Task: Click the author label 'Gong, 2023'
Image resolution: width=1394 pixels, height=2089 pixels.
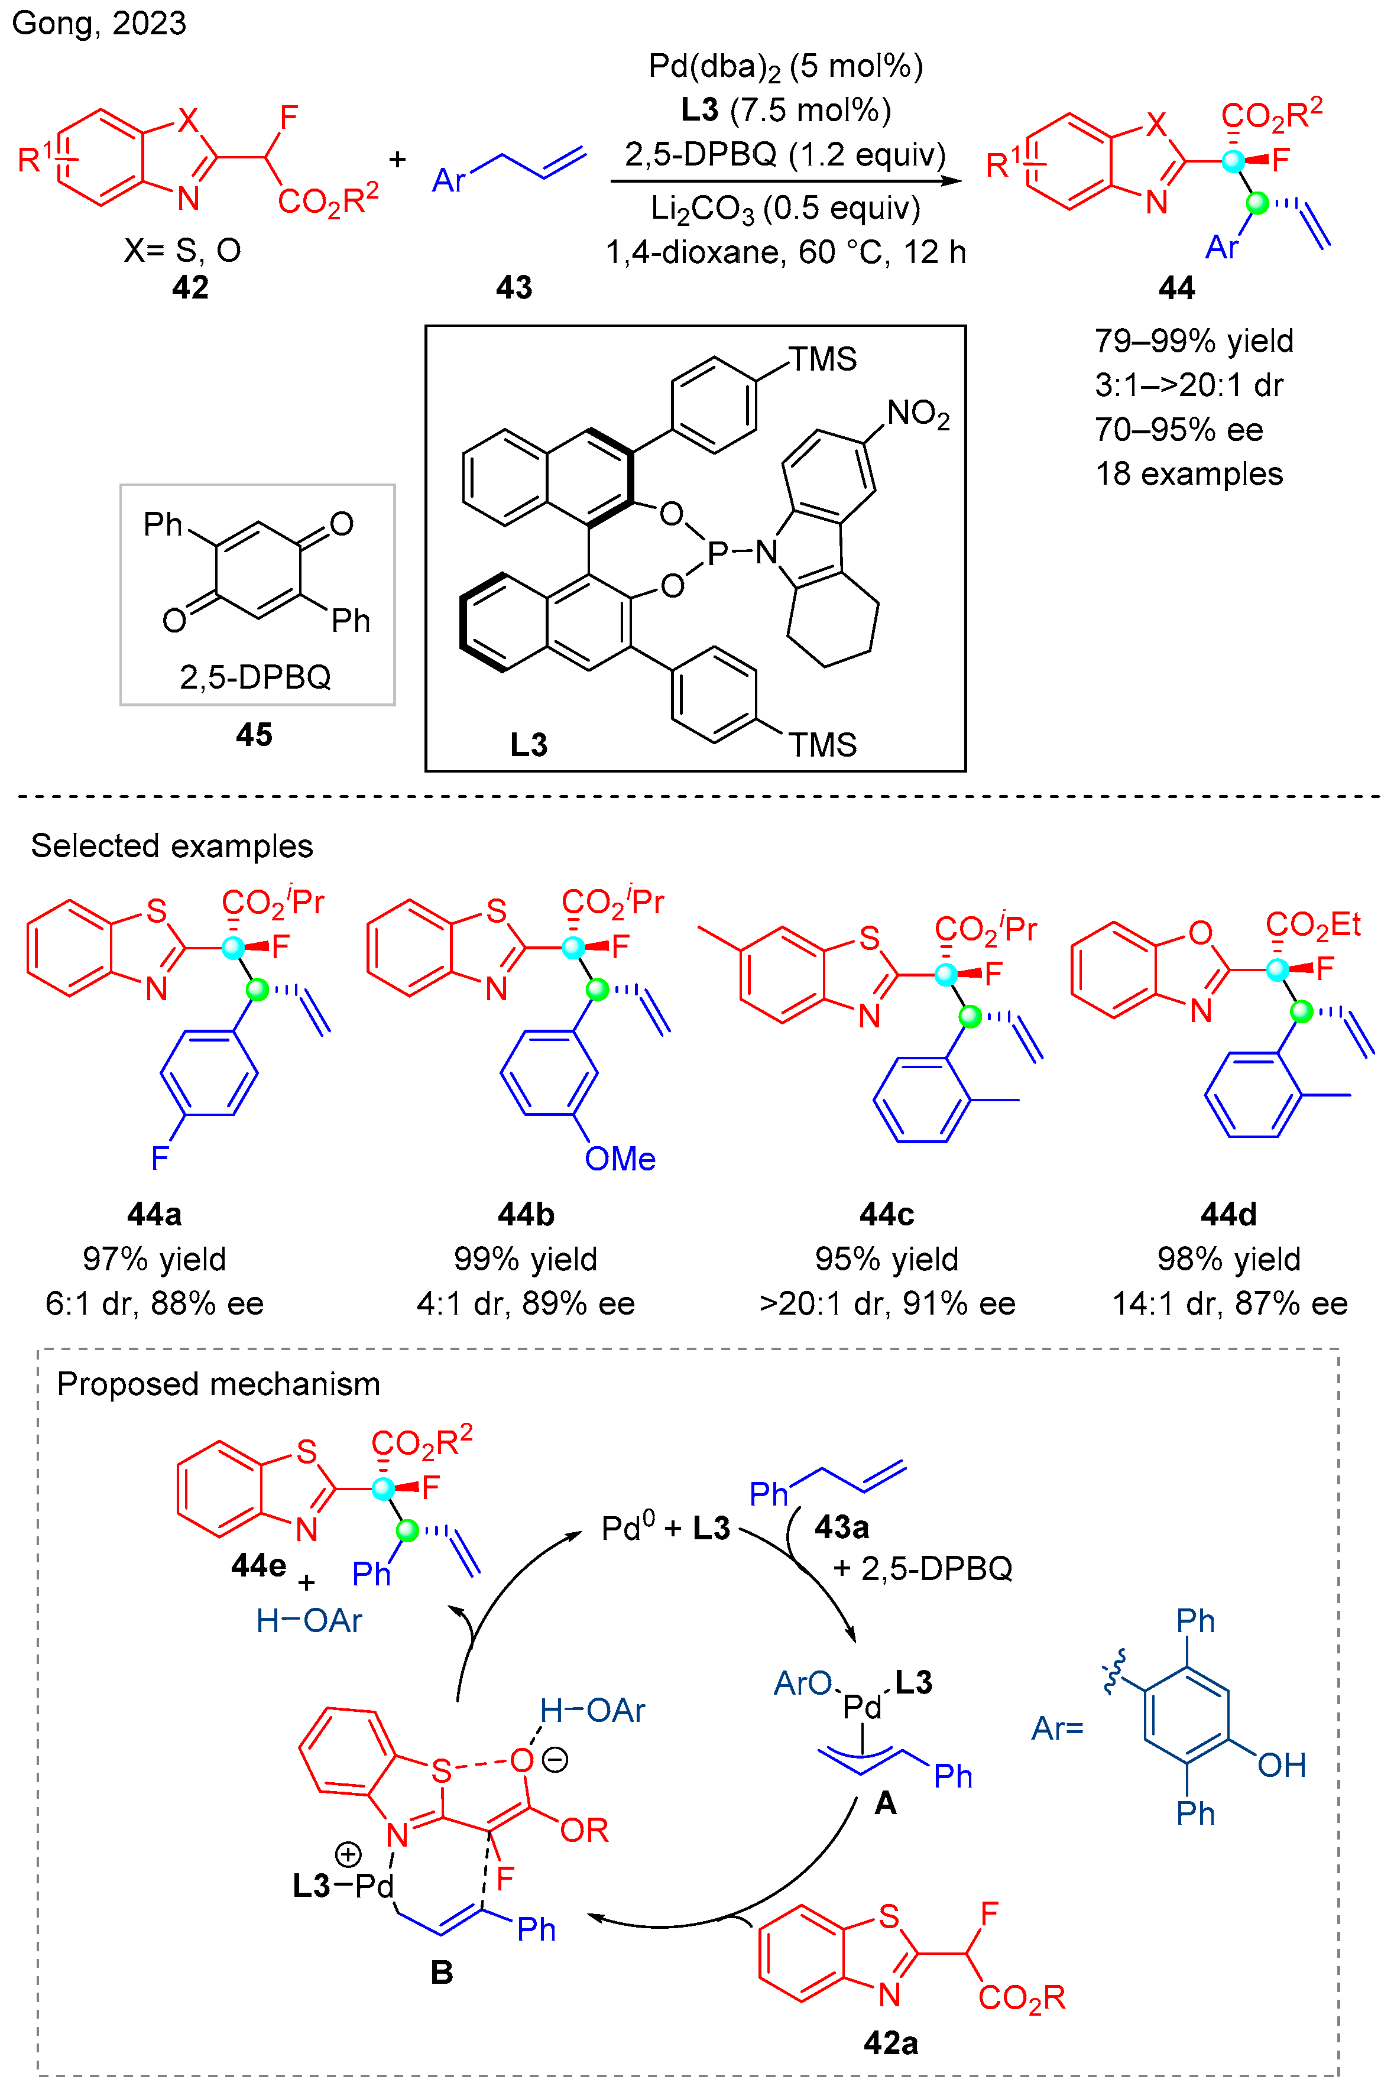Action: (x=99, y=23)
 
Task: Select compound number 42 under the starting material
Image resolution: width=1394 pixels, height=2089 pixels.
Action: (x=190, y=287)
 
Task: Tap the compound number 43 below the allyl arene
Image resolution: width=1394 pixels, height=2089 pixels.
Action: (x=514, y=287)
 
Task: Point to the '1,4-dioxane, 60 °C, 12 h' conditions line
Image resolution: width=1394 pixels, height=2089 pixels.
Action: (x=785, y=252)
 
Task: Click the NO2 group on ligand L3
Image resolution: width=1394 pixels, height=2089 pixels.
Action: (x=918, y=414)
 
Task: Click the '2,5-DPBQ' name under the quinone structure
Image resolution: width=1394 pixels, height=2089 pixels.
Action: (x=255, y=677)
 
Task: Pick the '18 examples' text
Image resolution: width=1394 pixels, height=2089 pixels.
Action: (x=1189, y=474)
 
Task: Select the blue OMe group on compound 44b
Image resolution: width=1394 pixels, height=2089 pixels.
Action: (x=620, y=1159)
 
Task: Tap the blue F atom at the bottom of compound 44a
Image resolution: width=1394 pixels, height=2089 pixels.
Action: (x=160, y=1158)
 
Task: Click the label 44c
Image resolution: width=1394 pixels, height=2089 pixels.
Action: (x=886, y=1214)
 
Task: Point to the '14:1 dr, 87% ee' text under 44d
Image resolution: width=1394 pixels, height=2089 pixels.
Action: (x=1230, y=1303)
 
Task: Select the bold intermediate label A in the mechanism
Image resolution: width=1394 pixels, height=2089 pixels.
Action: (x=886, y=1803)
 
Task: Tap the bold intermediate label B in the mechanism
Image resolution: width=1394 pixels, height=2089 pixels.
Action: (x=442, y=1973)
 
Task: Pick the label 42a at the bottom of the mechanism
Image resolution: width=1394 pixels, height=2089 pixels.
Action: (x=891, y=2043)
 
